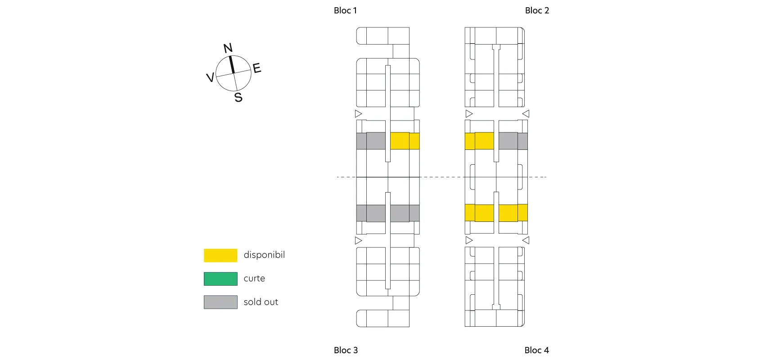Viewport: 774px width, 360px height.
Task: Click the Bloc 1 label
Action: [345, 10]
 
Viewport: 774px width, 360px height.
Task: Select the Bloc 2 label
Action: [537, 10]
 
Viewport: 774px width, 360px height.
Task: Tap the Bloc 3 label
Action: [346, 350]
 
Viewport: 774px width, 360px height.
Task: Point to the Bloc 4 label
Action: [536, 350]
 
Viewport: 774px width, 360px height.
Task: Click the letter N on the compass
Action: [228, 48]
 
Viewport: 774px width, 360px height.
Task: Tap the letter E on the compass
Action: [257, 68]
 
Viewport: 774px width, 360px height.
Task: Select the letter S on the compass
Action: [238, 97]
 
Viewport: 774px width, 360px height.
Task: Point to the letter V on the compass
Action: [210, 77]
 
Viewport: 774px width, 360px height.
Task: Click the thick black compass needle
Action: [232, 64]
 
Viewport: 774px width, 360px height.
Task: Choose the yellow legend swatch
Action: [220, 255]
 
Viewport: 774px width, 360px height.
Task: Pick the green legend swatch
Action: [220, 279]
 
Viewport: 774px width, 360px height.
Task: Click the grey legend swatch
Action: [220, 302]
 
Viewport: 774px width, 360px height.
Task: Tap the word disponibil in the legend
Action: [264, 255]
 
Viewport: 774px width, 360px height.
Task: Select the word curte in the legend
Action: [254, 279]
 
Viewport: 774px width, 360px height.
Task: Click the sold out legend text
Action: [261, 302]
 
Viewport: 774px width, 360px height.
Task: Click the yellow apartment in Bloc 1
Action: [405, 141]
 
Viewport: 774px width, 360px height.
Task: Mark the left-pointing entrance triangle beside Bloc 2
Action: [526, 114]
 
